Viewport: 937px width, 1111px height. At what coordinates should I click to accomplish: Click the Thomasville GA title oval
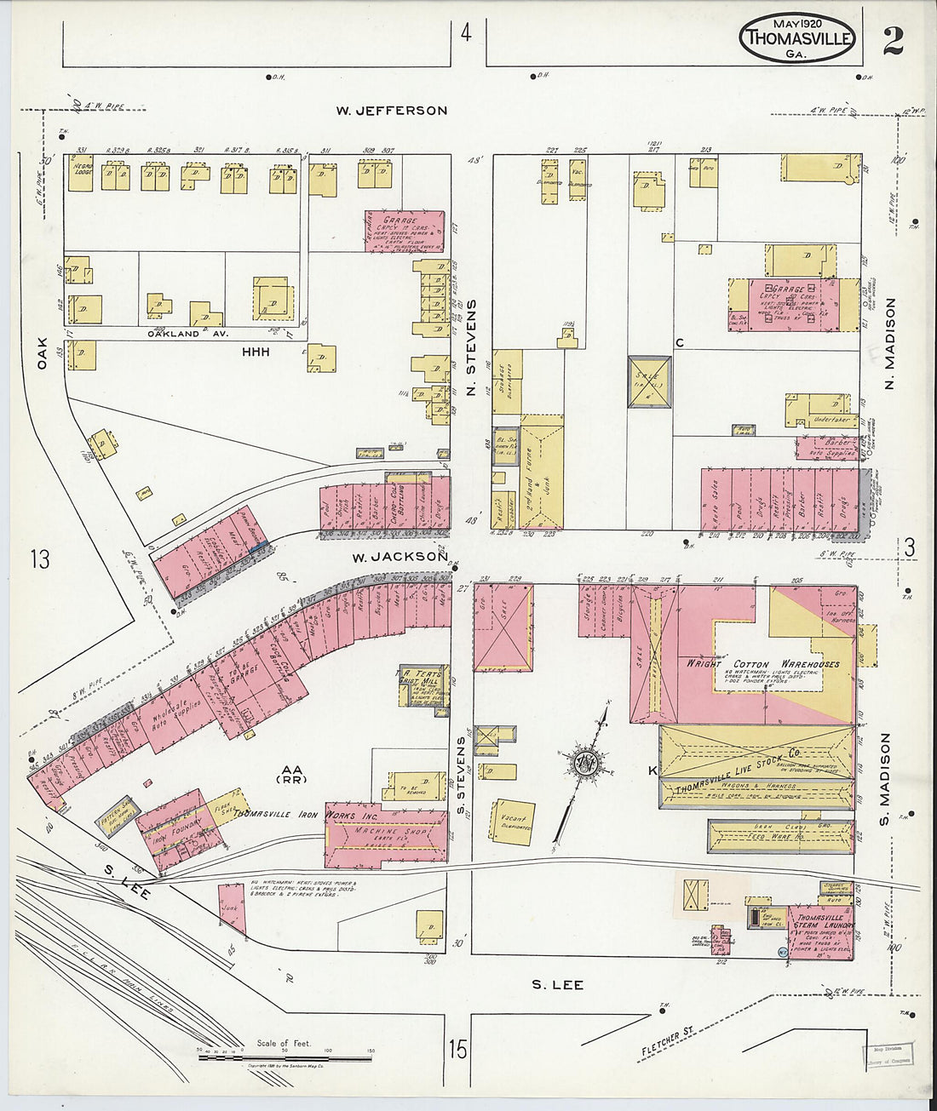click(796, 38)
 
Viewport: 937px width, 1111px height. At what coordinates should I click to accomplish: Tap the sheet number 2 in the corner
click(893, 41)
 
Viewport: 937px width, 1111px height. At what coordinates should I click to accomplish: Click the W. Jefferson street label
click(391, 111)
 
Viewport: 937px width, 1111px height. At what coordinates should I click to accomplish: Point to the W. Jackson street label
click(399, 557)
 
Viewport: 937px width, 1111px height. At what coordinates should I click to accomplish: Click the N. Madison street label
click(891, 345)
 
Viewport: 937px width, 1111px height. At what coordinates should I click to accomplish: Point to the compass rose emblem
click(585, 760)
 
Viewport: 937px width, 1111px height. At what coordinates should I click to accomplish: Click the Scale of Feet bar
click(285, 1057)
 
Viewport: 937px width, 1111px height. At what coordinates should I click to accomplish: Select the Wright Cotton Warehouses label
click(763, 663)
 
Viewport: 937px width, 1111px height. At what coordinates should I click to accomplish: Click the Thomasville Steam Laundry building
click(820, 932)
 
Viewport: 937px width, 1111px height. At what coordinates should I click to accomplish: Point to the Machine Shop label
click(385, 830)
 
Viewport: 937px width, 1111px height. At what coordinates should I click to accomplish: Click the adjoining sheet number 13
click(39, 559)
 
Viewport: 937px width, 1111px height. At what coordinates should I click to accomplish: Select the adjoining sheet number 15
click(458, 1049)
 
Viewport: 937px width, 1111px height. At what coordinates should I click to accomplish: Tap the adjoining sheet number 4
click(465, 33)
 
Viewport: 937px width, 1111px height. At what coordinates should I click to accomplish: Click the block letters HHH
click(256, 351)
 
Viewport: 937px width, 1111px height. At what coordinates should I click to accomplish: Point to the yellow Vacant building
click(513, 822)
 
